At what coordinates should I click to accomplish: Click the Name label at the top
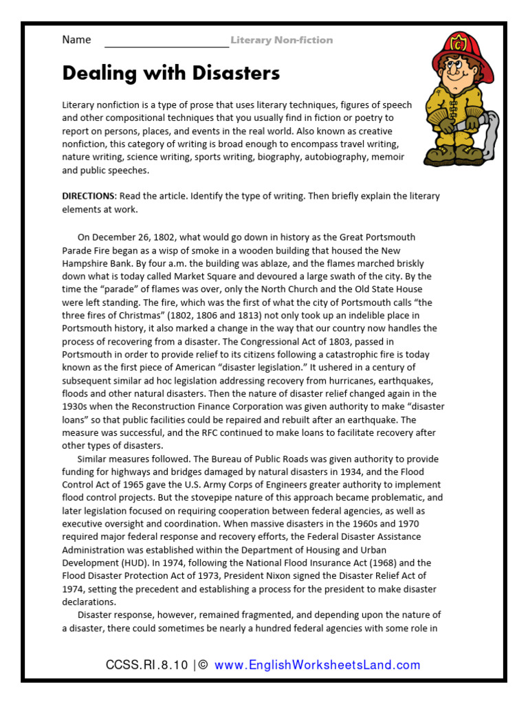pyautogui.click(x=76, y=40)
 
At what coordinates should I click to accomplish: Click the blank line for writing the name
pyautogui.click(x=166, y=43)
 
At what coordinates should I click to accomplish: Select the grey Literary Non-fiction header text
pyautogui.click(x=281, y=41)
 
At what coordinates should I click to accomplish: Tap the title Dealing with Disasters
pyautogui.click(x=171, y=73)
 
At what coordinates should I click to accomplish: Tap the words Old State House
pyautogui.click(x=399, y=289)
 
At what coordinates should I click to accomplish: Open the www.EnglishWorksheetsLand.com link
pyautogui.click(x=317, y=665)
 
